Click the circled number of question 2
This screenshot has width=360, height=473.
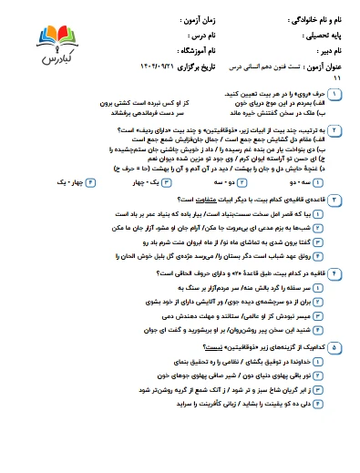pos(334,131)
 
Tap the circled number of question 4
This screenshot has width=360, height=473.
pos(334,271)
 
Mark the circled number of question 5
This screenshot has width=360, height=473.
pos(334,347)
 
